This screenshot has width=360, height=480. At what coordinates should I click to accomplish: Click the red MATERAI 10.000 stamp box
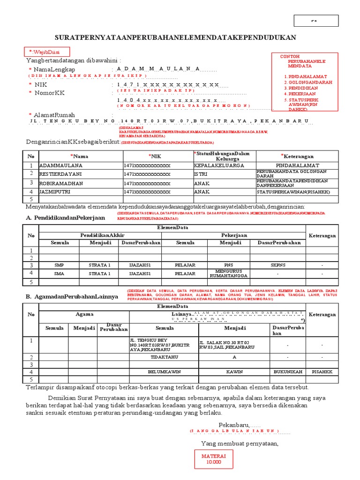point(213,459)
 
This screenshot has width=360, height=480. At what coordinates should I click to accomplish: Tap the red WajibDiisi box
point(48,52)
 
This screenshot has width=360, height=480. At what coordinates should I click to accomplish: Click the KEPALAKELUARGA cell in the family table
point(219,165)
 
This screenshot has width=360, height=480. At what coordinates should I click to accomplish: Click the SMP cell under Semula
point(59,265)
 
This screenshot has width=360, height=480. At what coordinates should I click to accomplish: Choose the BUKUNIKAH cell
point(287,372)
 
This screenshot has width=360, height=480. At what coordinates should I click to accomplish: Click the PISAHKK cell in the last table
point(321,372)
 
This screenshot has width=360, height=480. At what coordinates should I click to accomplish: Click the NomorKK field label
point(49,93)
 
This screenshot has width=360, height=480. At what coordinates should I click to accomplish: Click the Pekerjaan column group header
point(234,235)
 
